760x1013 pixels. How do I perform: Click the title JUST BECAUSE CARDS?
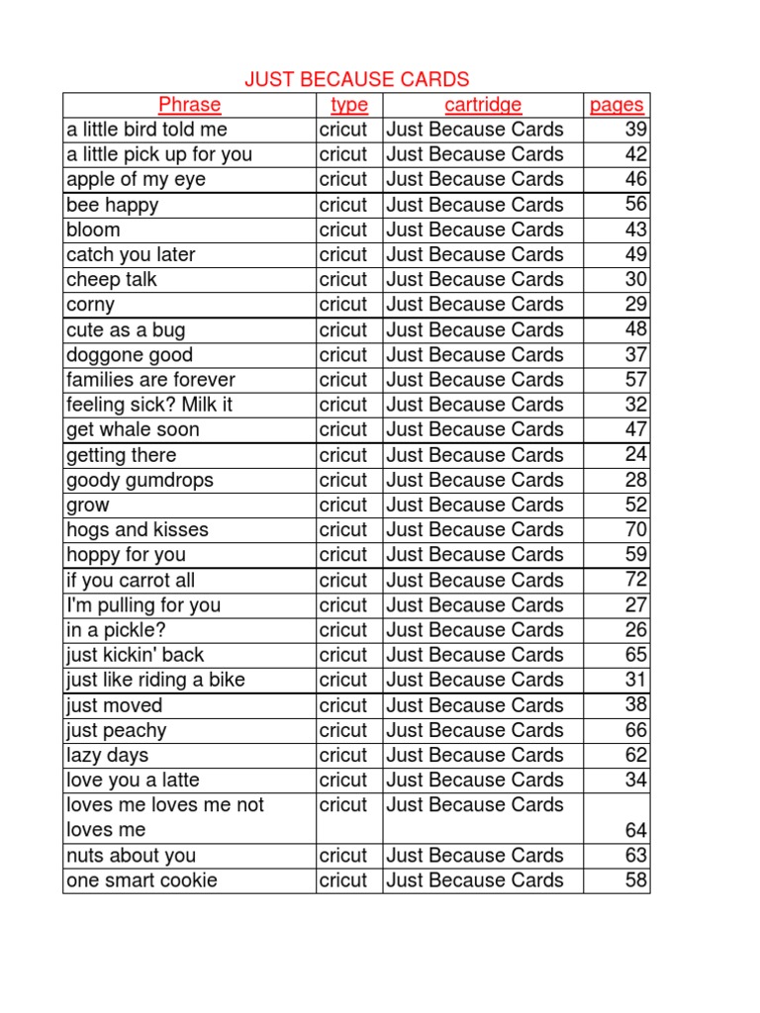(356, 79)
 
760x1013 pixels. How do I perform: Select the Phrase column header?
(189, 105)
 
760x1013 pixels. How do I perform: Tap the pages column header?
(616, 105)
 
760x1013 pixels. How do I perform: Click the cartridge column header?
(483, 105)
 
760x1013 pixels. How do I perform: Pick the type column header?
(349, 105)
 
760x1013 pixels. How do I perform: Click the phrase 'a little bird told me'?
(146, 130)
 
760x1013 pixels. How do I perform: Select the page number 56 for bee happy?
(635, 205)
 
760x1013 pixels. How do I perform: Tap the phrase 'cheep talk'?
(112, 280)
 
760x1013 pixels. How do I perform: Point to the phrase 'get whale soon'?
(133, 429)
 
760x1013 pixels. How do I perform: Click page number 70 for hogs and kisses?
(635, 529)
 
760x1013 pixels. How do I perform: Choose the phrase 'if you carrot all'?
(131, 580)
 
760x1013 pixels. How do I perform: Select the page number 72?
(635, 580)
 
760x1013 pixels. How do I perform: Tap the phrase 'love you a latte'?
(133, 780)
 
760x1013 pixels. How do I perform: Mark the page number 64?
(635, 830)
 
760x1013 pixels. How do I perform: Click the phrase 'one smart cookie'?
(142, 880)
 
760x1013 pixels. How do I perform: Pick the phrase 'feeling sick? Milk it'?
(149, 405)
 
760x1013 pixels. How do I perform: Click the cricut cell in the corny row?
(343, 305)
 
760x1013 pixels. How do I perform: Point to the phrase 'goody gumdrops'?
(140, 480)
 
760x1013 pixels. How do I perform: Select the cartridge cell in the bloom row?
(475, 230)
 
